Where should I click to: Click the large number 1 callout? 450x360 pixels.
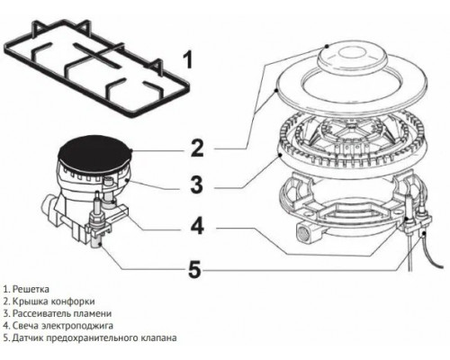click(x=187, y=60)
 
